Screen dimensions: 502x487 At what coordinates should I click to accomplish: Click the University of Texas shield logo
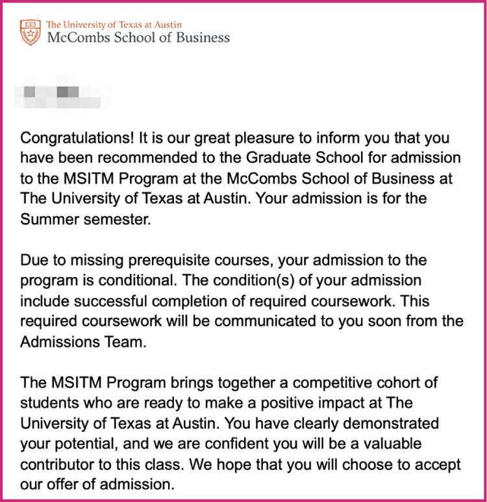30,32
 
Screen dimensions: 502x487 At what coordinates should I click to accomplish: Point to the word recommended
153,158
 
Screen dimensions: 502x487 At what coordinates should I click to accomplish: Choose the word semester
112,219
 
